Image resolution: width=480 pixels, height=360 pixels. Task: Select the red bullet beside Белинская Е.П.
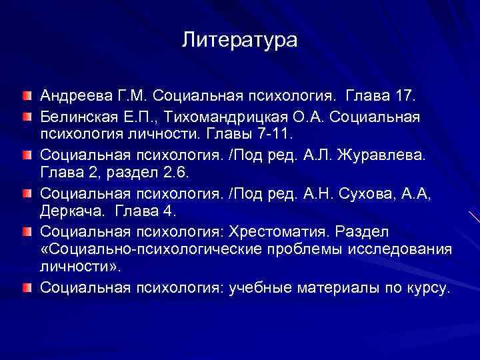25,117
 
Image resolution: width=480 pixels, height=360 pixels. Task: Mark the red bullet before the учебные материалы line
25,287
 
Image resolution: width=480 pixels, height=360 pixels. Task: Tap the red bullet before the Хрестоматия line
25,231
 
